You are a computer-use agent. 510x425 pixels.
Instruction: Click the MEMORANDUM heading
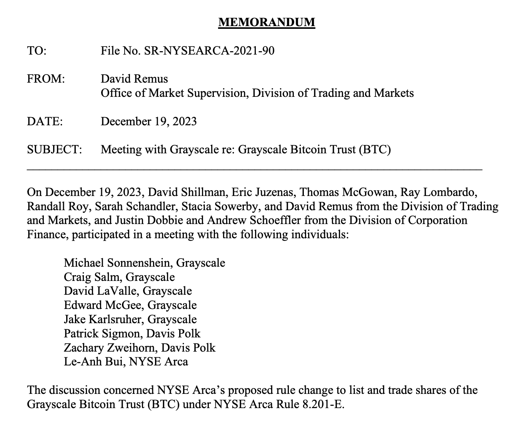267,22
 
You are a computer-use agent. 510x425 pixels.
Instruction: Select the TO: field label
37,51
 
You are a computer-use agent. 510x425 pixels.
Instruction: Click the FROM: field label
46,79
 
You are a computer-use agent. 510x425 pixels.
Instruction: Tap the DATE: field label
45,121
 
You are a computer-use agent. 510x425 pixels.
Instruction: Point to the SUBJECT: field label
54,149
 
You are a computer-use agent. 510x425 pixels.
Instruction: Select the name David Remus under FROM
134,79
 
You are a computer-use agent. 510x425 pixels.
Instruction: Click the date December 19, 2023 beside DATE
148,121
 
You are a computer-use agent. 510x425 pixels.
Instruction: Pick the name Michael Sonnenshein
118,263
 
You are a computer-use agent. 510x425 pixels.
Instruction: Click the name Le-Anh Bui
93,362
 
